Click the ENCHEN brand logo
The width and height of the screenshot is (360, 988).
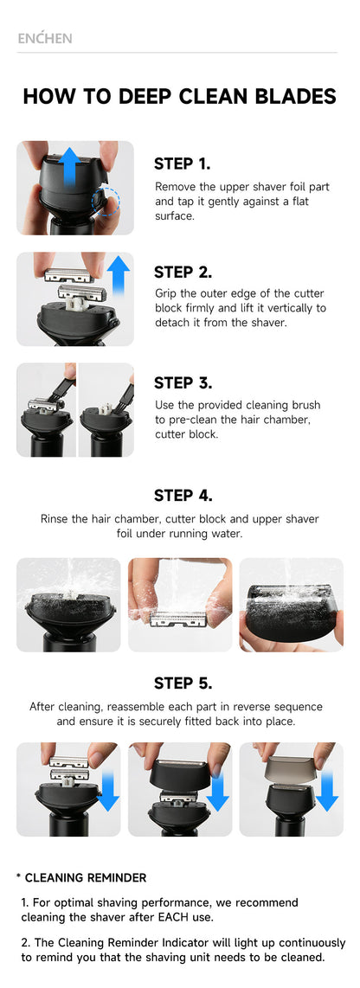click(45, 38)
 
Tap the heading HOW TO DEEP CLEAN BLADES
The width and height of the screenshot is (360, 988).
click(180, 96)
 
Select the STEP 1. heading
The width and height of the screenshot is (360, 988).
click(183, 164)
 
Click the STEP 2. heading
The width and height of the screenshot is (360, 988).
click(183, 272)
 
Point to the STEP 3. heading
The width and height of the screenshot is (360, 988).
click(183, 382)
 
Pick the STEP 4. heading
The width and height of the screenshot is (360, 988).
click(183, 495)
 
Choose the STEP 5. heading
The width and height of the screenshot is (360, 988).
click(183, 683)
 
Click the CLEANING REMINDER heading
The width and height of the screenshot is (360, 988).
click(86, 878)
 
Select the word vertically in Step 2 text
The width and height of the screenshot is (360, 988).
click(301, 308)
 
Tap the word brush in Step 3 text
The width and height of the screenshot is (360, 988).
click(305, 405)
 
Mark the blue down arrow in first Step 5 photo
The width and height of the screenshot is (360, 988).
click(108, 791)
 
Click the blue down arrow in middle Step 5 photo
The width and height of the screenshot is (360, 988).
click(218, 791)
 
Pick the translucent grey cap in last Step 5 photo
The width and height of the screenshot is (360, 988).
click(292, 767)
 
